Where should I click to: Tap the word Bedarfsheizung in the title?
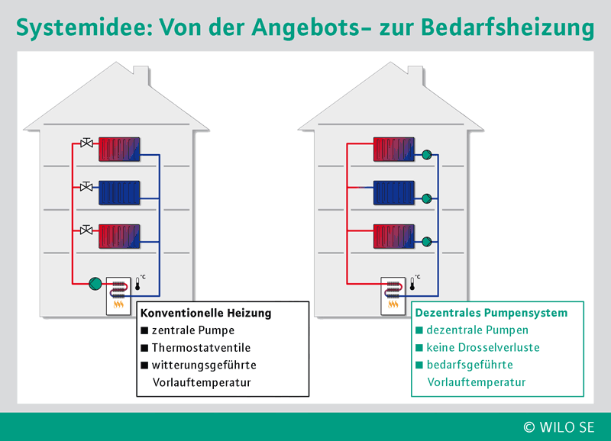pyautogui.click(x=507, y=27)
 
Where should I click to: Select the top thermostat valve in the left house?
pyautogui.click(x=86, y=143)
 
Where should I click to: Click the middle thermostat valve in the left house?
pyautogui.click(x=86, y=186)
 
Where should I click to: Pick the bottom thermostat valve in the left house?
pyautogui.click(x=86, y=230)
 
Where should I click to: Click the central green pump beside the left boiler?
pyautogui.click(x=95, y=284)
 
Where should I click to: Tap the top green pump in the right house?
pyautogui.click(x=427, y=155)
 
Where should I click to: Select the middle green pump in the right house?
pyautogui.click(x=427, y=198)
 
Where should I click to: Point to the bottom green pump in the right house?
pyautogui.click(x=427, y=242)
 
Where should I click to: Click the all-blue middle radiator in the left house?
pyautogui.click(x=119, y=193)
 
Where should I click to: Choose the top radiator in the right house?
pyautogui.click(x=393, y=149)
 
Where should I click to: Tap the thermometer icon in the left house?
pyautogui.click(x=137, y=284)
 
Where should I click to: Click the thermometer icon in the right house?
pyautogui.click(x=412, y=284)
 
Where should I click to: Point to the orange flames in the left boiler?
pyautogui.click(x=118, y=304)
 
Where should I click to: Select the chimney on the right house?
pyautogui.click(x=415, y=75)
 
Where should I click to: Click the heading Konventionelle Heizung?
pyautogui.click(x=205, y=313)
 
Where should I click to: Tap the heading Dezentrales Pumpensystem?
pyautogui.click(x=491, y=313)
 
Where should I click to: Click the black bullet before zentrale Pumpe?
pyautogui.click(x=144, y=330)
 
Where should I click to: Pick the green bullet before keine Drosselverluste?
pyautogui.click(x=419, y=347)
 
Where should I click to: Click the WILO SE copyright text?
pyautogui.click(x=559, y=427)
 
